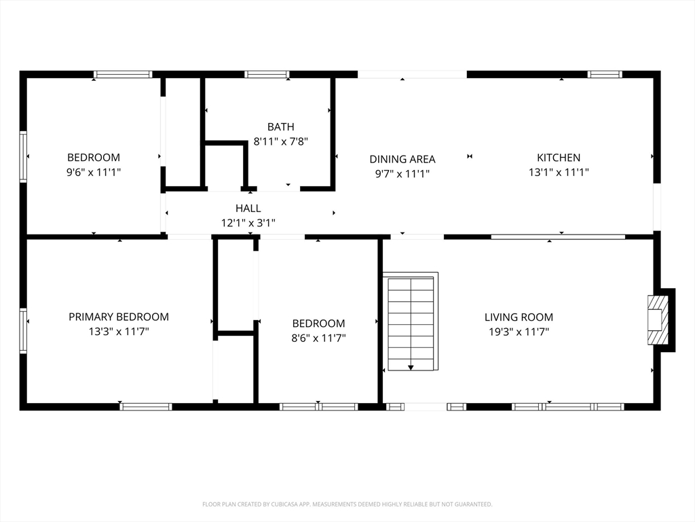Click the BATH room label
click(x=280, y=127)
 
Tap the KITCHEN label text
click(x=559, y=158)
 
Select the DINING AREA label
click(x=402, y=159)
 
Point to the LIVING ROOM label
click(x=519, y=317)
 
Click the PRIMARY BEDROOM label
click(x=119, y=317)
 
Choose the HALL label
click(x=248, y=208)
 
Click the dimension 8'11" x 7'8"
click(x=280, y=141)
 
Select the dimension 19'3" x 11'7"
click(x=519, y=332)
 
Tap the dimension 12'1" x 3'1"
click(x=248, y=223)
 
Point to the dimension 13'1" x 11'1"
click(x=559, y=172)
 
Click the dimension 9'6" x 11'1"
click(x=94, y=172)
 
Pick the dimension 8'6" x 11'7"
click(x=318, y=338)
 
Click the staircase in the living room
click(x=411, y=321)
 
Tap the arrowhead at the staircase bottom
click(x=411, y=368)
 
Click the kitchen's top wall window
click(x=605, y=74)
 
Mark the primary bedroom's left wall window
click(x=23, y=330)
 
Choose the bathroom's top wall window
click(x=266, y=74)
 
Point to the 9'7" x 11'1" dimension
click(x=402, y=173)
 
